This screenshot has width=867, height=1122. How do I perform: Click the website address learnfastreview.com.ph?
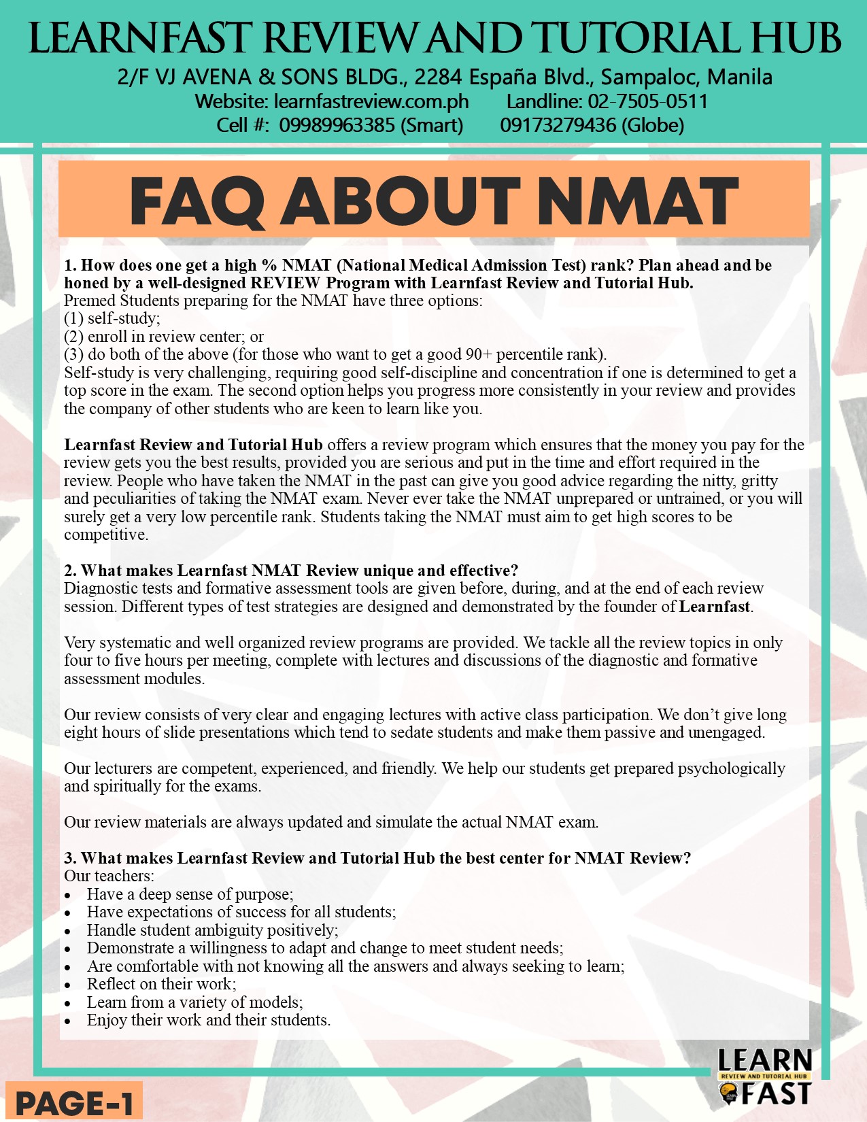371,101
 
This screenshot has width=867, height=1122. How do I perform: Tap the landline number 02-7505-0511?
648,101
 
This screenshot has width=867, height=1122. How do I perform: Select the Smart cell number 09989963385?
337,125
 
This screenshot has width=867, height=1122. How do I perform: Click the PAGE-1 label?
73,1102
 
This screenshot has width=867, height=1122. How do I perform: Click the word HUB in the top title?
795,38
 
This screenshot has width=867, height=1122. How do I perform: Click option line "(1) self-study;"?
112,318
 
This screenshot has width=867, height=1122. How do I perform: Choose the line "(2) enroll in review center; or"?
164,337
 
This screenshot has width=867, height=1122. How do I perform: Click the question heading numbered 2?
291,571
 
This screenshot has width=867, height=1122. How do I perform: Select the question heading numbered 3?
377,858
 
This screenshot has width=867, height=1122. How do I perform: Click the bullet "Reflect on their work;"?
161,984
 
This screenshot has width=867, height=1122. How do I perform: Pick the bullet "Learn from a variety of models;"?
194,1002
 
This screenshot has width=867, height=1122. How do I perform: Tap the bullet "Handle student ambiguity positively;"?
212,930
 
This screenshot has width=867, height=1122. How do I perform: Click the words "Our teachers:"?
109,876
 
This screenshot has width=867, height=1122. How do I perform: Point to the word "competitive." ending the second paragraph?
106,534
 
